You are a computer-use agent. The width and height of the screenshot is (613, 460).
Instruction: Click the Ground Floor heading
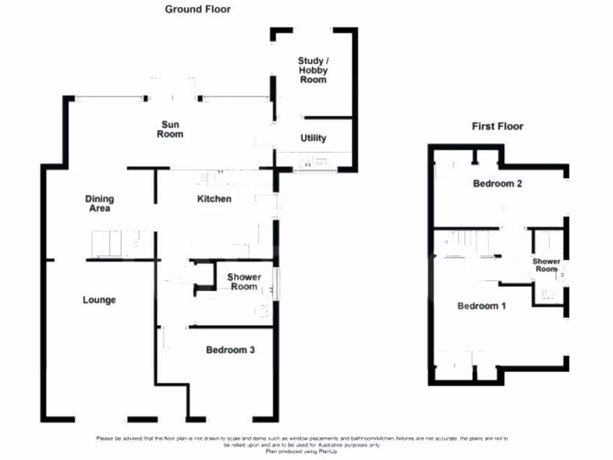198,9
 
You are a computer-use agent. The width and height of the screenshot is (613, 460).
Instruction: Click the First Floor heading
497,126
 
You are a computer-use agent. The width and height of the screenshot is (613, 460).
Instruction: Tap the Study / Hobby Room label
313,70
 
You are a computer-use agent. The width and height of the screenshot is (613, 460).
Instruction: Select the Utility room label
313,138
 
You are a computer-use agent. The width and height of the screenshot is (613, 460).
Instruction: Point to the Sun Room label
170,129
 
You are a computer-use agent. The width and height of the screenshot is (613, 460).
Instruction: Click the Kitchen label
214,199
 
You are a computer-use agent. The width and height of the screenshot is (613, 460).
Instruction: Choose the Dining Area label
99,204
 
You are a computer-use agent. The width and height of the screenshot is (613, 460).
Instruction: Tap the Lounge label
99,299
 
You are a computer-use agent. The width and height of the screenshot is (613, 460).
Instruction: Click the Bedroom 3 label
230,350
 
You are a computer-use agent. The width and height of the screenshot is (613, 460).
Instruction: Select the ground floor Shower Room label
244,282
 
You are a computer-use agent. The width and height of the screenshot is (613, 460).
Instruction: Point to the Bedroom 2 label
497,184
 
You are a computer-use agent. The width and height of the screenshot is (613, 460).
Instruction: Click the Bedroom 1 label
482,306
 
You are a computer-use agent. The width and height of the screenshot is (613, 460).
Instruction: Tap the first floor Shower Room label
547,265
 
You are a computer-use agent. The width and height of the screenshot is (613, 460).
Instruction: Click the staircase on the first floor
470,244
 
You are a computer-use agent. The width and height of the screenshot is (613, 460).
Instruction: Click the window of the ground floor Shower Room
277,283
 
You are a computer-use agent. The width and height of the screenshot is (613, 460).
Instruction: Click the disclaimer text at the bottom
302,442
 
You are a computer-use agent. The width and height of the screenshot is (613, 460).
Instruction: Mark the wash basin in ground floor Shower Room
262,310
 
